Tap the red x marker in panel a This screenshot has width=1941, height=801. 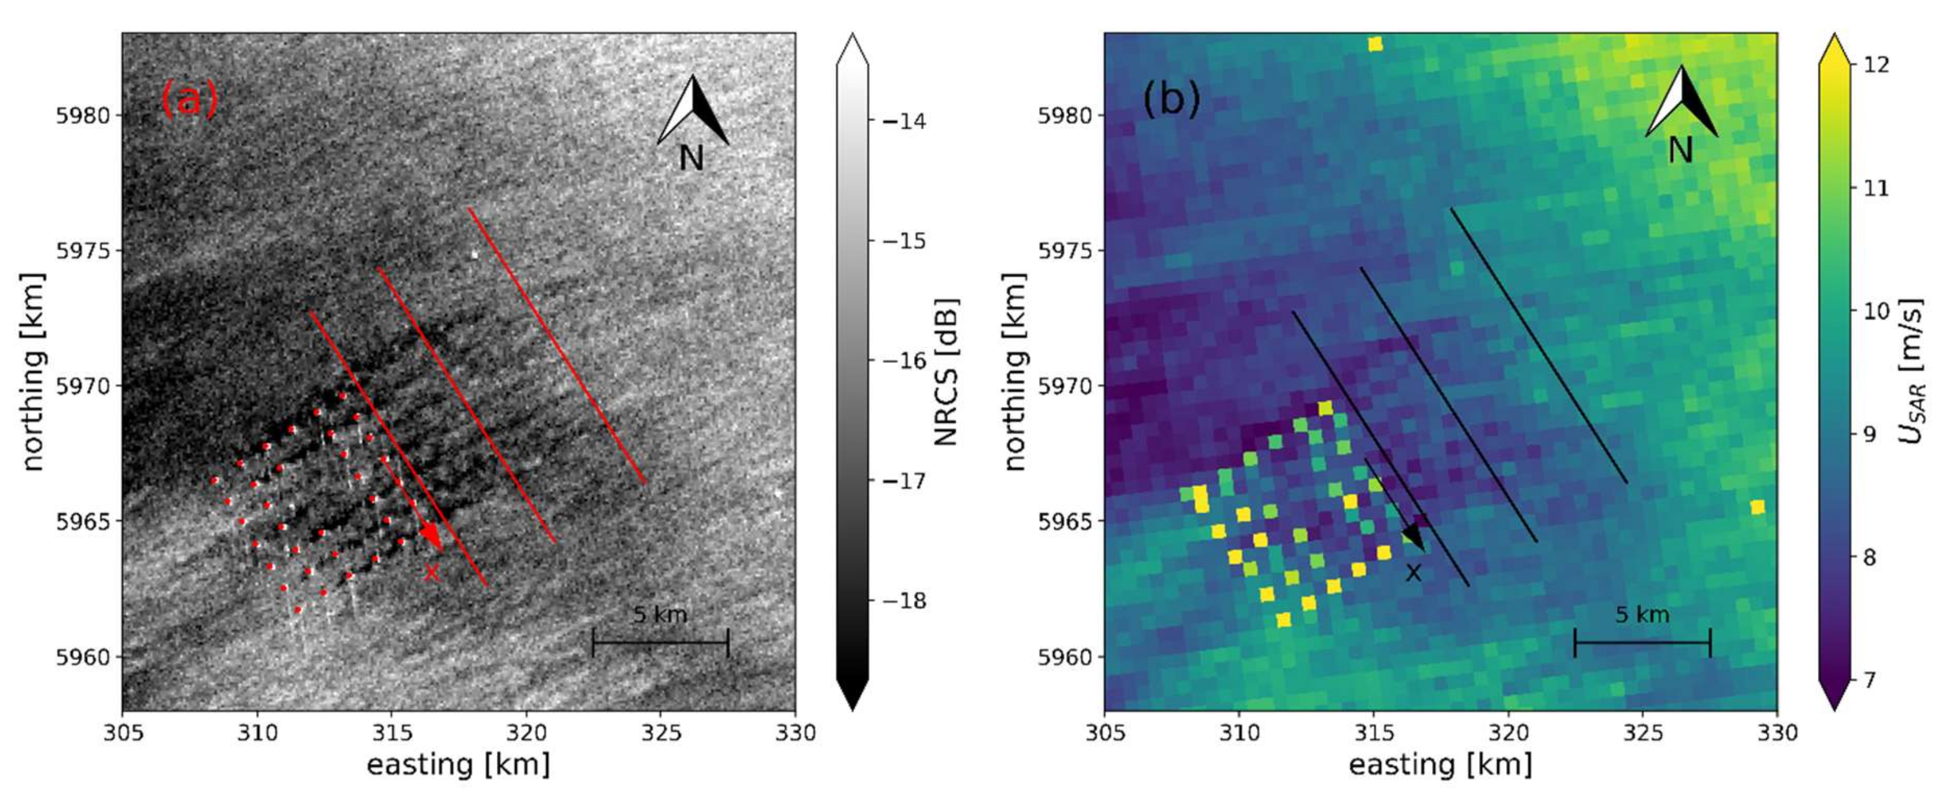tap(431, 572)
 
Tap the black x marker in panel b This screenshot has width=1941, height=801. tap(1414, 572)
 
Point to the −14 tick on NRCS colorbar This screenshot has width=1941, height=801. tap(902, 120)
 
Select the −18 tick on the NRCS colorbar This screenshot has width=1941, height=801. tap(902, 601)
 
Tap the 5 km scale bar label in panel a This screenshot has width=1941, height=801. tap(660, 615)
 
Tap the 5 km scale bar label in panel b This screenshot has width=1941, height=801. tap(1642, 615)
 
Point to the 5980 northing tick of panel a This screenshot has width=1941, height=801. tap(83, 115)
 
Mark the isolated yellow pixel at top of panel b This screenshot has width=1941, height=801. tap(1375, 44)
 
